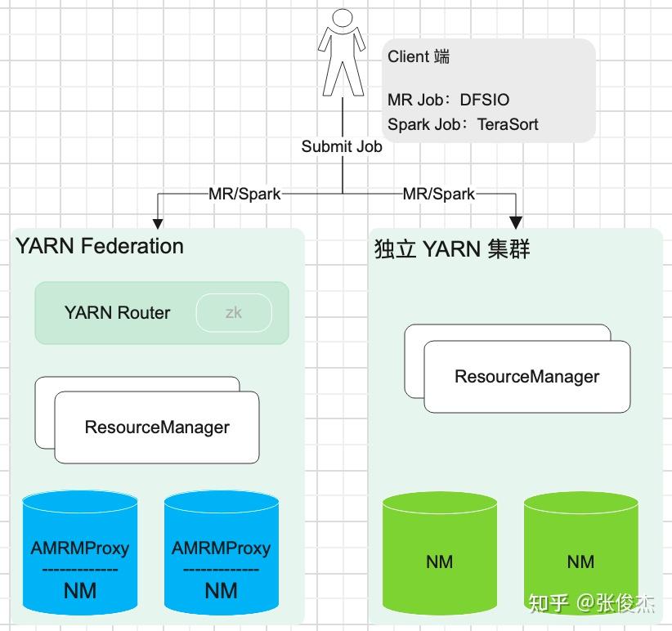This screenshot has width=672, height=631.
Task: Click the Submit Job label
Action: (342, 147)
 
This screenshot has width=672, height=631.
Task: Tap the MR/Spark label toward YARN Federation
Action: (244, 194)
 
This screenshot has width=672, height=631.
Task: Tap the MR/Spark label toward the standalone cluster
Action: (439, 194)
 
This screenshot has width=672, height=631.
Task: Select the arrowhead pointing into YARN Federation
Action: (159, 222)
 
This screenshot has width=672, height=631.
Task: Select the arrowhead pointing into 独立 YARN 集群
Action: (516, 221)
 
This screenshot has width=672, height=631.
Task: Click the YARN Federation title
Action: (100, 246)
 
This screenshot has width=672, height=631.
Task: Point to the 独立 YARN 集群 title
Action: (452, 248)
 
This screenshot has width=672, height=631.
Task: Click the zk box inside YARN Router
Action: (234, 313)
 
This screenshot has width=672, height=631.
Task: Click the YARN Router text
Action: (117, 313)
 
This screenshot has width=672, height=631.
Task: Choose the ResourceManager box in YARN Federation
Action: (157, 427)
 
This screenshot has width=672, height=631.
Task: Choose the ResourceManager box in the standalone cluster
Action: (526, 377)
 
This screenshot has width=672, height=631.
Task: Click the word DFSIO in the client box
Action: (485, 101)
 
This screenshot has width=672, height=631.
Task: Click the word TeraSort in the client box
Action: (508, 125)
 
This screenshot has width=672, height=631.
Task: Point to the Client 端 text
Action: (419, 56)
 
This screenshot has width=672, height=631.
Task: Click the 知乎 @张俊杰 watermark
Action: (592, 603)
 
